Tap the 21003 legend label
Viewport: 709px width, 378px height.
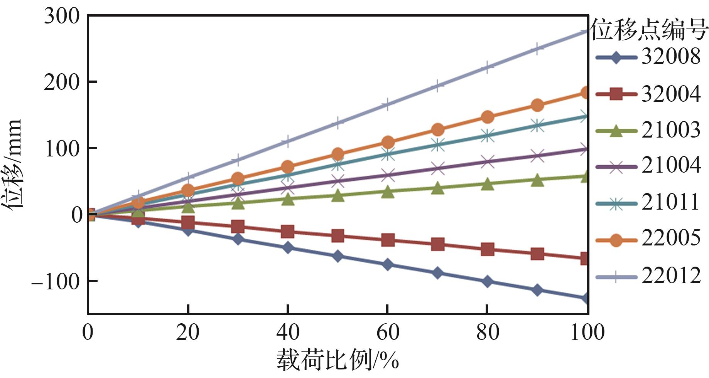tap(670, 130)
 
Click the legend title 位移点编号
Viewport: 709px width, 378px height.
tap(650, 30)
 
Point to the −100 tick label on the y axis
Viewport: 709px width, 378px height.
tap(56, 282)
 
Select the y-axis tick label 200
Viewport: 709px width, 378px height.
tap(62, 82)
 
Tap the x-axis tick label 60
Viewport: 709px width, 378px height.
tap(388, 332)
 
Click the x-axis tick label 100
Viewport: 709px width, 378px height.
tap(587, 332)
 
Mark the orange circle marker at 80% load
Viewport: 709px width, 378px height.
tap(488, 117)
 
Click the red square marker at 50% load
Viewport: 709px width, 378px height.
tap(338, 235)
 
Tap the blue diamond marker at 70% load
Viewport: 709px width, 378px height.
tap(437, 273)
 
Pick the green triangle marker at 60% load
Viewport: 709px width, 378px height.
tap(388, 192)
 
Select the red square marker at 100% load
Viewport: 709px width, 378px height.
tap(585, 258)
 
